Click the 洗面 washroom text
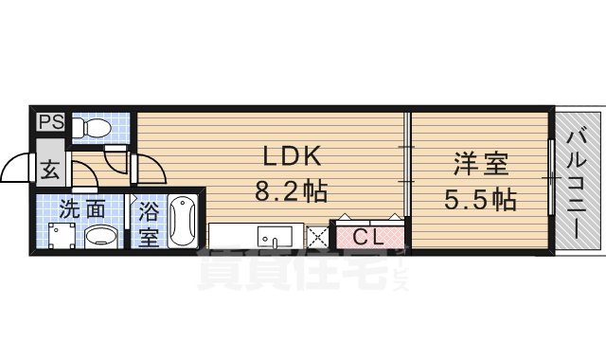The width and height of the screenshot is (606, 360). point(82,208)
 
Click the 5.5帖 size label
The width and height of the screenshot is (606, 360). point(481,202)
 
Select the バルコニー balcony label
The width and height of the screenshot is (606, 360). point(576,185)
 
